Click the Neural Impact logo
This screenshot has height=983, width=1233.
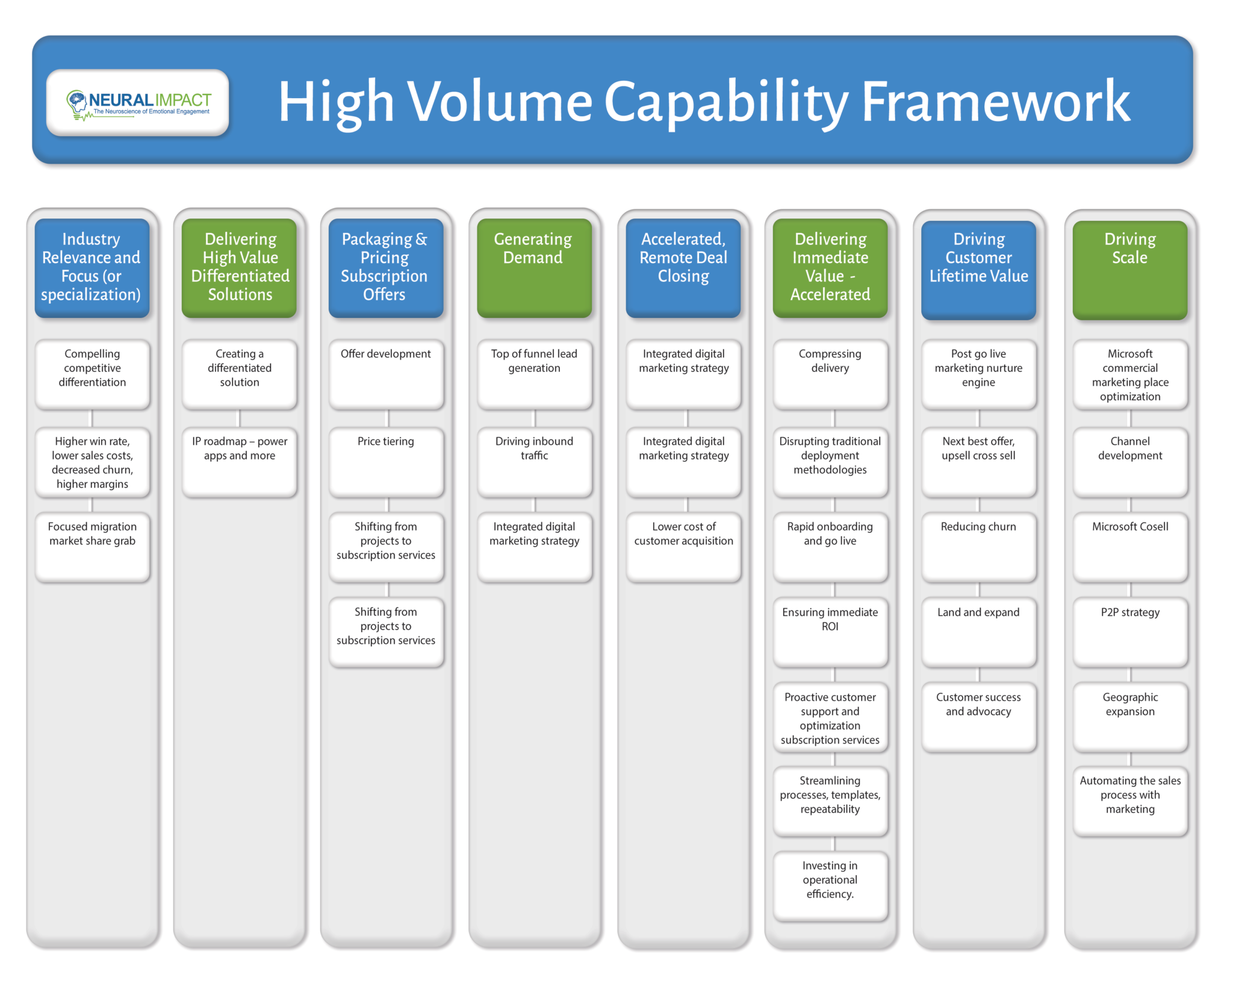point(138,103)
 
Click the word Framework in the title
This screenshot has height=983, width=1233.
point(996,102)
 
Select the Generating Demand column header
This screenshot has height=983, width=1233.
point(534,267)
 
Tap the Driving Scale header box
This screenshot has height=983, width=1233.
point(1129,268)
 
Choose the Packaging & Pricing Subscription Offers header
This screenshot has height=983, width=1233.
point(385,267)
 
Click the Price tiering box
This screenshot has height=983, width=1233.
point(386,461)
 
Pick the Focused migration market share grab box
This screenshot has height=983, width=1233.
point(92,546)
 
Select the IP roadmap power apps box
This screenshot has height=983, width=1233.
point(239,461)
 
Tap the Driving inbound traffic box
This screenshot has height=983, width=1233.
point(534,461)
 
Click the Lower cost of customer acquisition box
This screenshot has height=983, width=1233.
point(683,546)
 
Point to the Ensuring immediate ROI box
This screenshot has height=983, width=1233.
point(830,631)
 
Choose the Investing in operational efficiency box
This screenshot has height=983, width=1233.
point(830,885)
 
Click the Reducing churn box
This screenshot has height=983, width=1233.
point(978,546)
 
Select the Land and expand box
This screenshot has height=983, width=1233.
point(978,631)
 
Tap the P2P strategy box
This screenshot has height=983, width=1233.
point(1129,631)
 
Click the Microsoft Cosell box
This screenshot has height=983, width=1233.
point(1129,546)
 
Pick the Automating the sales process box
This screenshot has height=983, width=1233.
point(1129,801)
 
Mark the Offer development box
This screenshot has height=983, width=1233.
point(386,374)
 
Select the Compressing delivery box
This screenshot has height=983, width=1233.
point(830,374)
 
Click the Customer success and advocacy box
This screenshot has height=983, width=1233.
point(978,716)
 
